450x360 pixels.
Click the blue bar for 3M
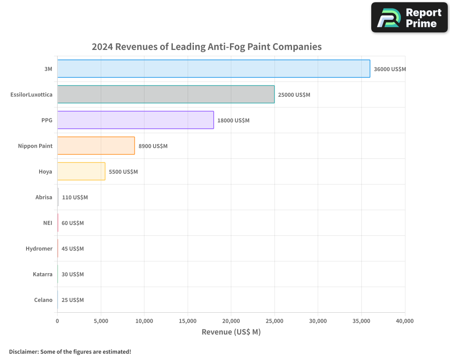[214, 69]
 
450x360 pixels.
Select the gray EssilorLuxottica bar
[166, 94]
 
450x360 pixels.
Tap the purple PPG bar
[135, 120]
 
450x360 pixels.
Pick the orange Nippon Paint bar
[96, 146]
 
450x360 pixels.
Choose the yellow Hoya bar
[81, 171]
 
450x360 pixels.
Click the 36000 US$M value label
[390, 69]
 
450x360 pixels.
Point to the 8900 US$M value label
[153, 146]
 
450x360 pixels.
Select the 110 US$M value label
[75, 198]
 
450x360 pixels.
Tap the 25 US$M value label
[72, 300]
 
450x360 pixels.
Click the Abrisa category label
[44, 197]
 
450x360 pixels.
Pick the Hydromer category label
[39, 248]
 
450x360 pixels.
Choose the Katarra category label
[43, 274]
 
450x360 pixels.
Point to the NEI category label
[48, 223]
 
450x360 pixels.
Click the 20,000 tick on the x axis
[231, 321]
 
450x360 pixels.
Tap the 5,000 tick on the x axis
[101, 321]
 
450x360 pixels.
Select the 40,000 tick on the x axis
[405, 321]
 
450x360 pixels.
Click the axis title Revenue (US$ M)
[231, 332]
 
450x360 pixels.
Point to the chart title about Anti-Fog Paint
[207, 47]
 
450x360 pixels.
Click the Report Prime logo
[409, 18]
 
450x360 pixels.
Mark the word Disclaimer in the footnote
[23, 351]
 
